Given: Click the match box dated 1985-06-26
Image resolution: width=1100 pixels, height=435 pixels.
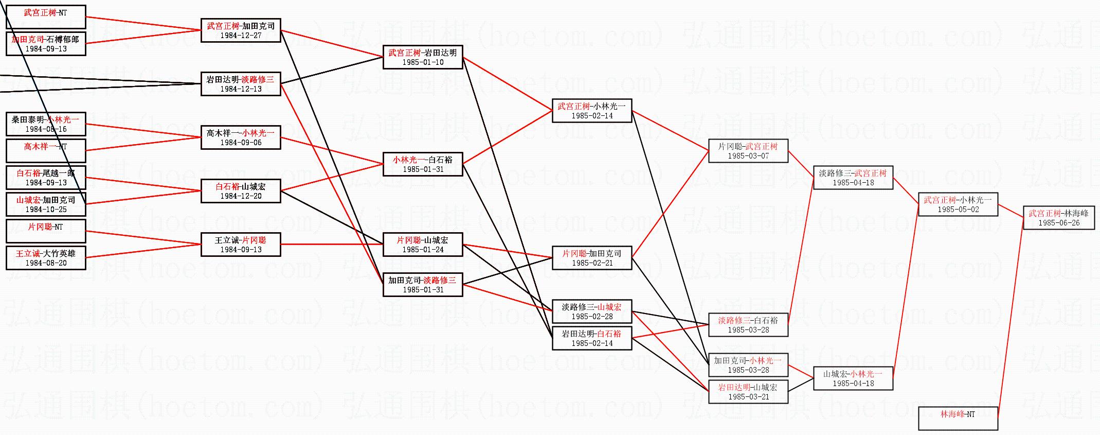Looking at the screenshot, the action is point(1058,217).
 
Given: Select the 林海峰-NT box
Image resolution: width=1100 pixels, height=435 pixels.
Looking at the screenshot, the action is point(958,418).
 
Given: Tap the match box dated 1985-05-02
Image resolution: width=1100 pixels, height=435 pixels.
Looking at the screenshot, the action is point(958,204).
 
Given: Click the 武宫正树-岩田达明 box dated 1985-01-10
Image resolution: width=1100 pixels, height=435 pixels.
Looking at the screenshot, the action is point(422,57).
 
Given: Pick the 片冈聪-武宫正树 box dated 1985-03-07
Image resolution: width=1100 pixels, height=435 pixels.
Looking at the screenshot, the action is point(748,150).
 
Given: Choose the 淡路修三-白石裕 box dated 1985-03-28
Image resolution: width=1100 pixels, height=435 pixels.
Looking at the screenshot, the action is point(748,324).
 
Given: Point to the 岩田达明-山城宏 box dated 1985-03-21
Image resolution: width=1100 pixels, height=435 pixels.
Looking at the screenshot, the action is point(748,391).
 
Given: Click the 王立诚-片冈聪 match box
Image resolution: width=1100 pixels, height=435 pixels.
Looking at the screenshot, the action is point(240,244).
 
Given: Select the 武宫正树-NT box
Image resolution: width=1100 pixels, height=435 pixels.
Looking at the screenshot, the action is point(45,16).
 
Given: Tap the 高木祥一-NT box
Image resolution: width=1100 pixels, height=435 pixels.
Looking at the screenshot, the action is point(45,150).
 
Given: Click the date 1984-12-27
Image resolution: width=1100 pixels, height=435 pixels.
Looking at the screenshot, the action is point(241,36).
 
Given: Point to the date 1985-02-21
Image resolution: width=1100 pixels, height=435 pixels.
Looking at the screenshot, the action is point(592,263).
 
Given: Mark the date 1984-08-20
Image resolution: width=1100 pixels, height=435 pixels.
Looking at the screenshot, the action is point(46,263).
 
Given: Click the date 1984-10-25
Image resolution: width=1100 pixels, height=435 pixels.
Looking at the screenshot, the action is point(46,210).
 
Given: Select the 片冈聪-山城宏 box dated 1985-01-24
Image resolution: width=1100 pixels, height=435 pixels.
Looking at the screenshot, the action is point(422,244).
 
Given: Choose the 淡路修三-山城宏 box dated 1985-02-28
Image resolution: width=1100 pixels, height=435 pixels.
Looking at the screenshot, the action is point(591,311).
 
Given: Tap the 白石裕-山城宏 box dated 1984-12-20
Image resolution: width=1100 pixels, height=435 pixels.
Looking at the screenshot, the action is point(240,190).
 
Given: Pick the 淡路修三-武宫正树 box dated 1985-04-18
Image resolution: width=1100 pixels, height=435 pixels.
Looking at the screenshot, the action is point(853,177).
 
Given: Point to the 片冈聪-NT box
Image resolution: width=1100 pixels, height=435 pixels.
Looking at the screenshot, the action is point(45,231).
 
